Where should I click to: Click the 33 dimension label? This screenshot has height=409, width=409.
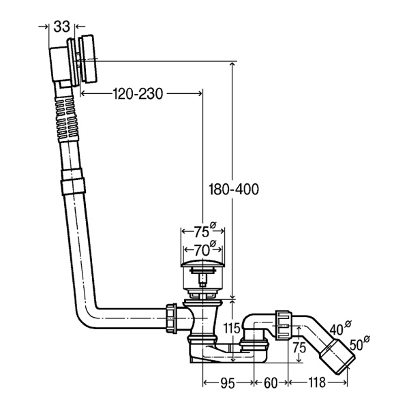(62, 27)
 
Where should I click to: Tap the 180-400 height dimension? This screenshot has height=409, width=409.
(234, 190)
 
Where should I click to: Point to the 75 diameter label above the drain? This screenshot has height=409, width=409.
(198, 230)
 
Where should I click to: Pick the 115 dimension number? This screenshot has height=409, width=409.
(232, 328)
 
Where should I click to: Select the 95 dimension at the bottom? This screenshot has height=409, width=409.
(228, 384)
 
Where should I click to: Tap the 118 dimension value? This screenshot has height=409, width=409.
(318, 384)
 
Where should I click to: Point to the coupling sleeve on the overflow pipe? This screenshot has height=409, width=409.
(72, 185)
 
